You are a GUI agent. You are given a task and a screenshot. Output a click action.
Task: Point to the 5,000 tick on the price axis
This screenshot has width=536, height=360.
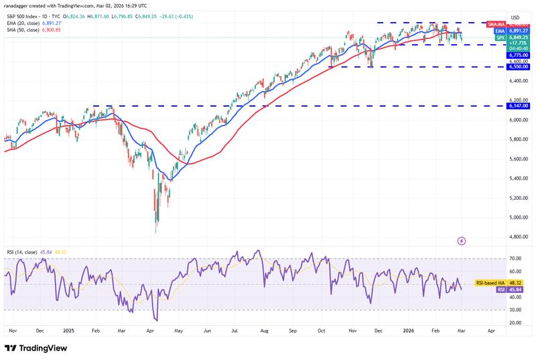click(x=517, y=217)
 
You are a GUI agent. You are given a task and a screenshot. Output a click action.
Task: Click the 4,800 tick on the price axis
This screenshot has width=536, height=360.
click(x=517, y=237)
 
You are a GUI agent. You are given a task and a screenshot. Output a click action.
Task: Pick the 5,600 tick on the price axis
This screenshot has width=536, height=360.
click(x=517, y=159)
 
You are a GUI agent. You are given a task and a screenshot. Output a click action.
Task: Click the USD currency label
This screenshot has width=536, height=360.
click(x=515, y=17)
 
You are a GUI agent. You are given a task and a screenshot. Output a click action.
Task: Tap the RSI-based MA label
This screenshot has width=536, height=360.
click(x=488, y=284)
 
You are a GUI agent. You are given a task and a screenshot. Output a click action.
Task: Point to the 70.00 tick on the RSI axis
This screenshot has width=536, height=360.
click(x=516, y=258)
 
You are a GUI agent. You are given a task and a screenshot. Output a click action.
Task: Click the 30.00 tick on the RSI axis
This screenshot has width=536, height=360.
click(x=516, y=310)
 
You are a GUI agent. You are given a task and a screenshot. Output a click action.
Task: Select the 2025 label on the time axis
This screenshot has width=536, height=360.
click(x=68, y=331)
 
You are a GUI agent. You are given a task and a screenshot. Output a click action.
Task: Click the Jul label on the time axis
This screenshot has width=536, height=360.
click(x=235, y=331)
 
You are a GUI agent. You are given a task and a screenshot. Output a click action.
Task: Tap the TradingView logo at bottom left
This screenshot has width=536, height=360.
click(x=38, y=348)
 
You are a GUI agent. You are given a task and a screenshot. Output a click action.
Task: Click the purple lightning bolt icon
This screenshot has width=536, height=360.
click(x=461, y=240)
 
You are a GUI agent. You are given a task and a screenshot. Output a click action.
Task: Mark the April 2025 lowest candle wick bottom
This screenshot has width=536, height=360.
click(x=155, y=233)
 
